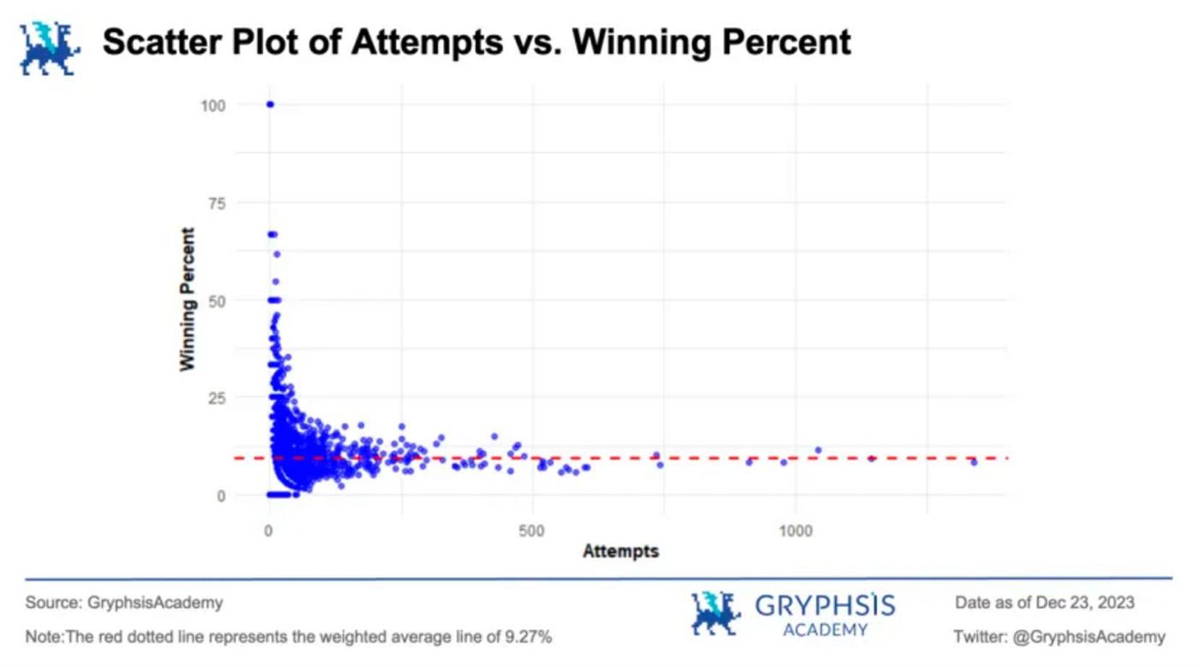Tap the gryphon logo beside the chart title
point(49,48)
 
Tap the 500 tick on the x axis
point(531,531)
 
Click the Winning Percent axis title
point(188,298)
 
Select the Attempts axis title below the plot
point(621,551)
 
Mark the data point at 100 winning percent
point(270,105)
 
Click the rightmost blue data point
point(974,462)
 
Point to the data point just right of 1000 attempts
point(818,450)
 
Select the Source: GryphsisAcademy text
point(124,603)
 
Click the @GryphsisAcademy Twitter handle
point(1089,637)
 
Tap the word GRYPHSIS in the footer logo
point(825,607)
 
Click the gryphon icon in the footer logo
point(715,614)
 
